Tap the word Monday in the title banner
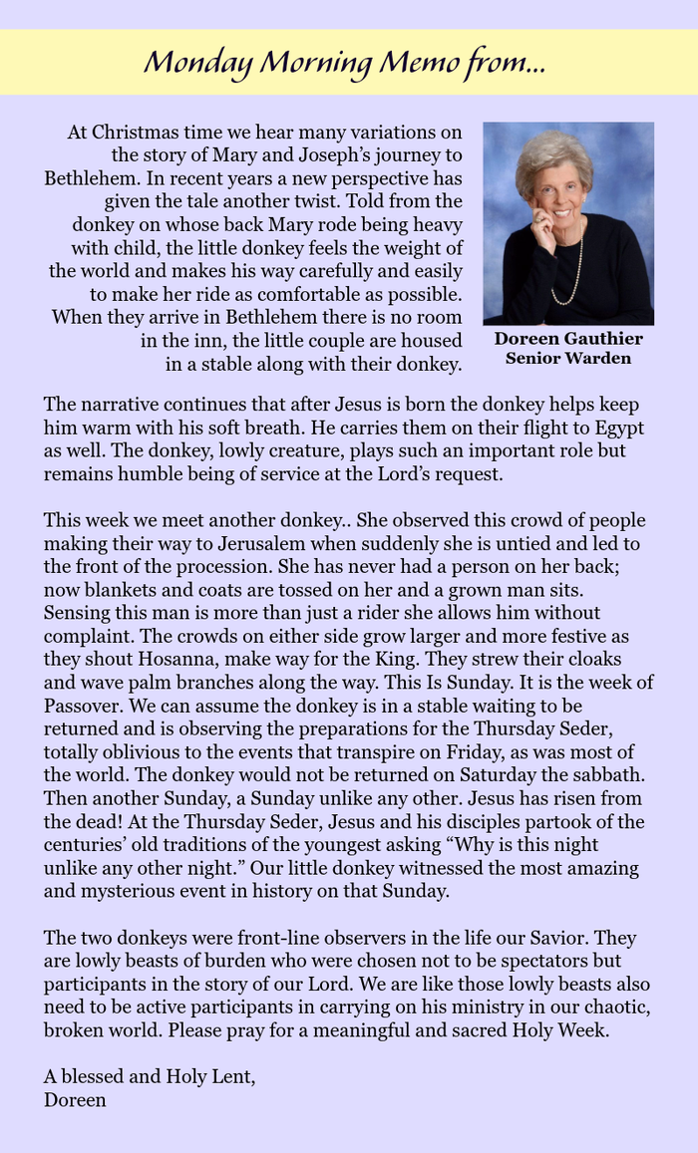197,63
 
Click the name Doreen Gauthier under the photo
568,339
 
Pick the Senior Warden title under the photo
568,358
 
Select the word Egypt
618,429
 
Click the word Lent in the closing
229,1077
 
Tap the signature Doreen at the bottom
75,1100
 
